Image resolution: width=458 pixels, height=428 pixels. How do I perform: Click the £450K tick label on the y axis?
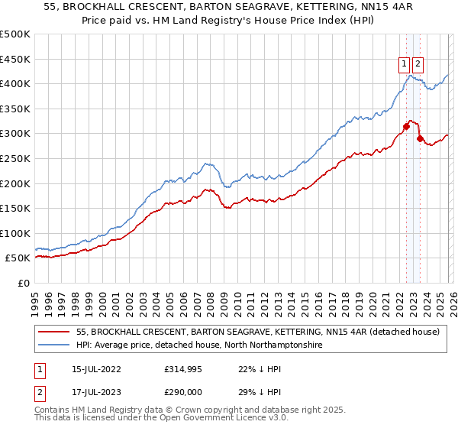[15, 59]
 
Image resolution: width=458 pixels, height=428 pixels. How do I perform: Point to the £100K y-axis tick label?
[15, 233]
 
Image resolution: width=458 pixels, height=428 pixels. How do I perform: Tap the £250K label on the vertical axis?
[15, 158]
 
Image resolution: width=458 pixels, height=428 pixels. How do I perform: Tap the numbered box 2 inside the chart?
[419, 65]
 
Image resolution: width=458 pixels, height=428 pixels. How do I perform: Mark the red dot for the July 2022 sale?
[406, 126]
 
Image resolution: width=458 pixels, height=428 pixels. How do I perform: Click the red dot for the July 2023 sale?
[420, 138]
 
